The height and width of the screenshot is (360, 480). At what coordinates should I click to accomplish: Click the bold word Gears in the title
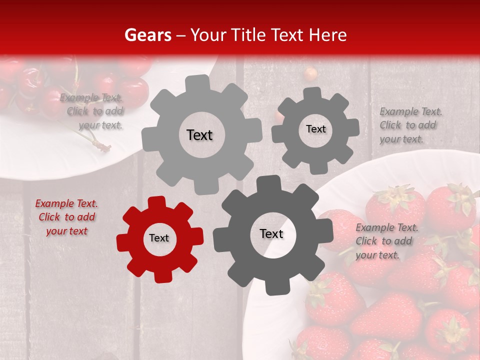pyautogui.click(x=147, y=35)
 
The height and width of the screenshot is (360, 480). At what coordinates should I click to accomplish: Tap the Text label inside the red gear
pyautogui.click(x=159, y=238)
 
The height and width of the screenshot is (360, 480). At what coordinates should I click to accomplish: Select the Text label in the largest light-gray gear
pyautogui.click(x=199, y=135)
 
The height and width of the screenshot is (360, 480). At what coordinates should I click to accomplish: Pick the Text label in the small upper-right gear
pyautogui.click(x=315, y=129)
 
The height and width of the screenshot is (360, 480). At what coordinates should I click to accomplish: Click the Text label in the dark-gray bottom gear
pyautogui.click(x=271, y=234)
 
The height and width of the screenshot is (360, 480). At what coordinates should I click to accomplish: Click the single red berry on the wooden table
pyautogui.click(x=311, y=73)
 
